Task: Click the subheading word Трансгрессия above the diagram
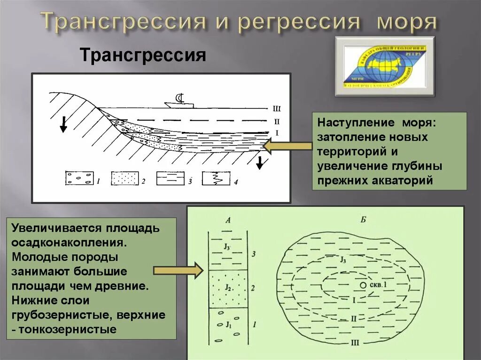143,56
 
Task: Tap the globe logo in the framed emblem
385,66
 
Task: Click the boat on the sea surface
179,102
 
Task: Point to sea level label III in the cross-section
276,109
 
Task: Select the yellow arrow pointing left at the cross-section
287,146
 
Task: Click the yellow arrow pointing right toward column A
178,270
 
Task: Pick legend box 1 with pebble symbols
78,178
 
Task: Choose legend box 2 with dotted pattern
124,178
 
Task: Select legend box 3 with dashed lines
170,178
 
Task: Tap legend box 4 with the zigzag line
216,178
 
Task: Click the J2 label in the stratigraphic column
228,287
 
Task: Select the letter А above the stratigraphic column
228,220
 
